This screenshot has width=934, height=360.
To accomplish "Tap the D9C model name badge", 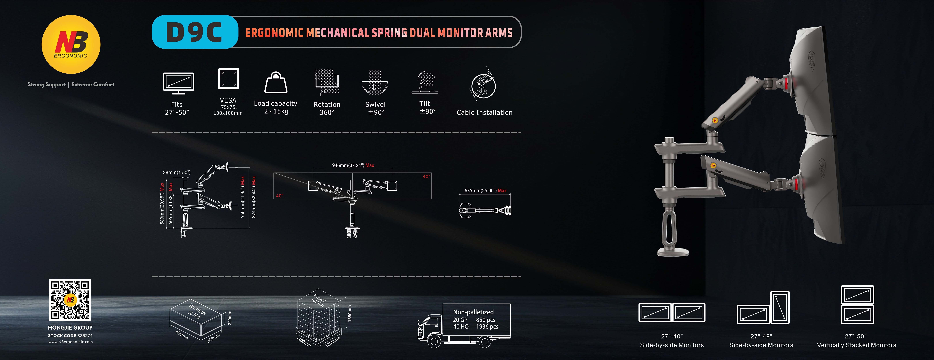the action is click(x=195, y=32).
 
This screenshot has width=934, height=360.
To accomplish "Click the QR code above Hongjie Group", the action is click(x=70, y=300).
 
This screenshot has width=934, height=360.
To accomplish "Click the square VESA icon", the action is click(x=228, y=78).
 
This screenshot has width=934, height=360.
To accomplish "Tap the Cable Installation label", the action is click(x=484, y=112).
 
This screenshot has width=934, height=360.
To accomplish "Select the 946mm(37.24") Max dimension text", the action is click(x=353, y=165).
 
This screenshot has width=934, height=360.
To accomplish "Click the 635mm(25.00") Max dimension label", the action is click(x=486, y=190).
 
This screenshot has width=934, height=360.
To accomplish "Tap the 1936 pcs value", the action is click(x=487, y=327).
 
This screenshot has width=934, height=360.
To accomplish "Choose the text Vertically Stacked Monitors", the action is click(x=856, y=345).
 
